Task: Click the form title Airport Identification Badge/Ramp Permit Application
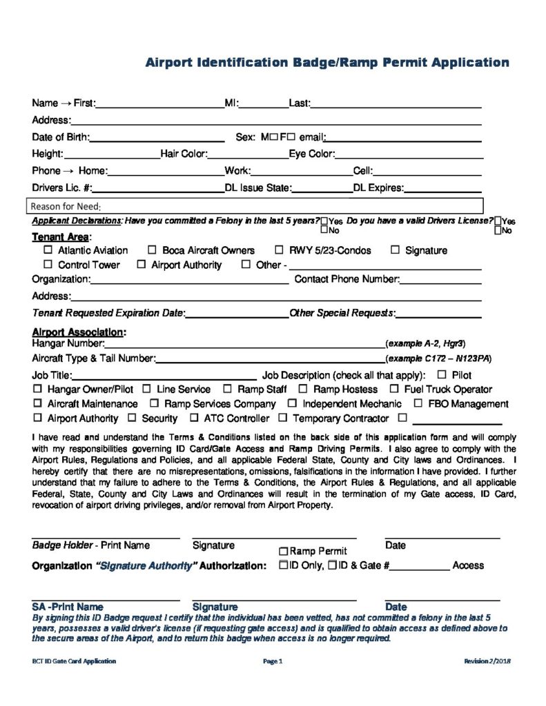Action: point(327,63)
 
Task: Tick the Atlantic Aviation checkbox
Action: point(48,250)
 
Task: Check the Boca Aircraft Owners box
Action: point(152,250)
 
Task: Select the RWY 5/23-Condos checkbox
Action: point(280,250)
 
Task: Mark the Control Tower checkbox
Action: point(48,265)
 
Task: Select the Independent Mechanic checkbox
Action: point(293,404)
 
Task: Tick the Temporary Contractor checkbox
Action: point(283,418)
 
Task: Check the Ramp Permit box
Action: point(283,552)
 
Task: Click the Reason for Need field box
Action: point(255,206)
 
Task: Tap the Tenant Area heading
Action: point(60,237)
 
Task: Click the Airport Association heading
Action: point(79,332)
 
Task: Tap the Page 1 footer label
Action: point(273,661)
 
